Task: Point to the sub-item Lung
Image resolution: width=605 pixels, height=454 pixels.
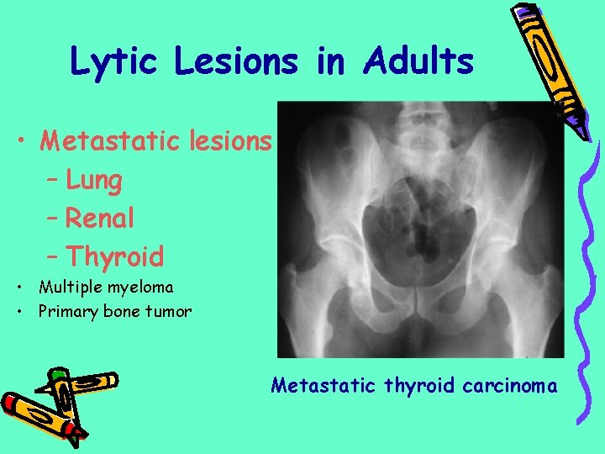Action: pyautogui.click(x=94, y=180)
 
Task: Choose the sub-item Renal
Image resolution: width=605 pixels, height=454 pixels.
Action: pyautogui.click(x=100, y=218)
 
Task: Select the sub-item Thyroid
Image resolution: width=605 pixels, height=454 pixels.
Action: pyautogui.click(x=115, y=256)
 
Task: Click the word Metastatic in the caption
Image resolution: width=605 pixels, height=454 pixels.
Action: pyautogui.click(x=324, y=386)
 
